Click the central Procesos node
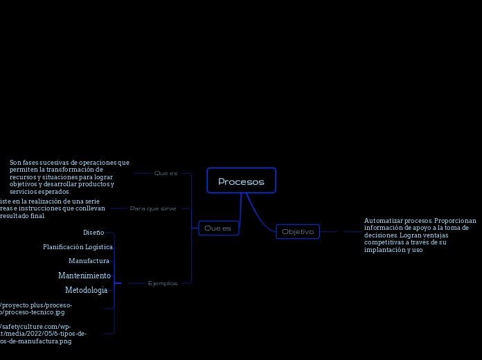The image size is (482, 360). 241,181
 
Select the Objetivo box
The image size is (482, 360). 298,232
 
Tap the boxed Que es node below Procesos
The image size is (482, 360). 218,228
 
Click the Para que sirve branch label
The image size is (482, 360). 153,208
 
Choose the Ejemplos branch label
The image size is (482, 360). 163,283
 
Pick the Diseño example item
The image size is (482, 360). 93,233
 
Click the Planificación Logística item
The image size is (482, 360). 78,247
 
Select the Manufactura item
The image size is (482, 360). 89,261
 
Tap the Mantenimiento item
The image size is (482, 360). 84,276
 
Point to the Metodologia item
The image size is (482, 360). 86,290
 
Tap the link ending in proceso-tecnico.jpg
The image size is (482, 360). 35,312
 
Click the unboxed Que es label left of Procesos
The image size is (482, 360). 166,173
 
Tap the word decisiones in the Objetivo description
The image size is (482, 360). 381,235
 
